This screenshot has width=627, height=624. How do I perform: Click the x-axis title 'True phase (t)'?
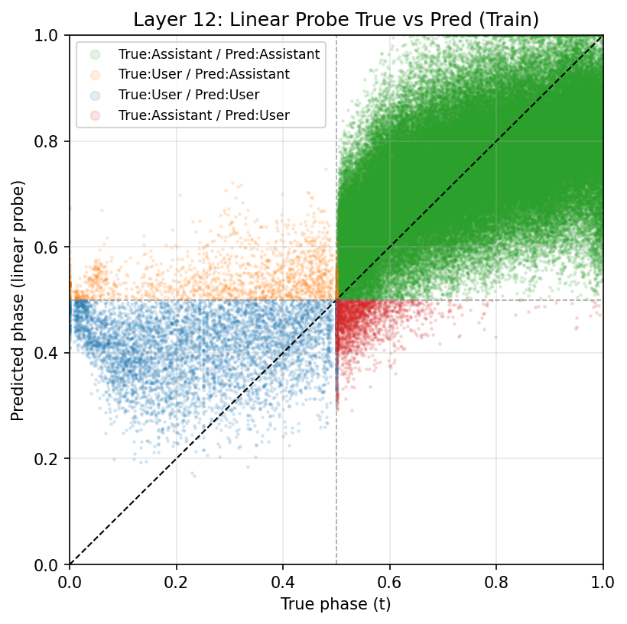tap(336, 604)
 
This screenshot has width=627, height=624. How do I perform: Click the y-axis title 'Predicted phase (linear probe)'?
tap(18, 300)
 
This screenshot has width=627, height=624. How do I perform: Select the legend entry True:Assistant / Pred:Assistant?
tap(219, 53)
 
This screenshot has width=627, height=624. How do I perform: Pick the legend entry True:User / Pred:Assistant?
tap(203, 74)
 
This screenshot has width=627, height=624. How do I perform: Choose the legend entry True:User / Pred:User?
tap(189, 95)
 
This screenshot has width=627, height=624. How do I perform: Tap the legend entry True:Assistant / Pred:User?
tap(203, 115)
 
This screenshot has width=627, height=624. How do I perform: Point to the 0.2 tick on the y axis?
tap(51, 459)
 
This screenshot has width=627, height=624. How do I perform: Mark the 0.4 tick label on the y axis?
tap(51, 353)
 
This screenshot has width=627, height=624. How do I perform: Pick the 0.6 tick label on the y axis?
tap(51, 247)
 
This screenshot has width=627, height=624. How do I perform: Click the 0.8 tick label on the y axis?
tap(51, 141)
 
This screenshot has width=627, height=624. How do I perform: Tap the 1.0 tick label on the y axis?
tap(51, 36)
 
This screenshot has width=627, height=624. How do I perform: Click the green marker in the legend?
tap(95, 53)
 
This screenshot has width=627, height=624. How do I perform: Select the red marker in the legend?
tap(95, 115)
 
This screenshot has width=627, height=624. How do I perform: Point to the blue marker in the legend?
tap(95, 95)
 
